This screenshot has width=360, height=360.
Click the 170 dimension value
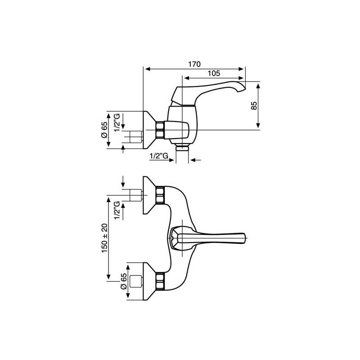[194, 64]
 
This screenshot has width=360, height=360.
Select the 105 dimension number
[214, 73]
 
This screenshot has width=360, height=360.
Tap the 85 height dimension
[254, 106]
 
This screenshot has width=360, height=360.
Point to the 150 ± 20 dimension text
[105, 238]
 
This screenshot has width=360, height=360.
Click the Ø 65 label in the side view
[104, 130]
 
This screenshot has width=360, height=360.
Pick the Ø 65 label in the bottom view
[124, 281]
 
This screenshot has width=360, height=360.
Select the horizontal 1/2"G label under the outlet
[159, 156]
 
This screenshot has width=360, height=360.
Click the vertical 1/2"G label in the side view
[117, 122]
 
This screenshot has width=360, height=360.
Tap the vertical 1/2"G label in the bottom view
[117, 210]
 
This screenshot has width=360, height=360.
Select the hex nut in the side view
[160, 130]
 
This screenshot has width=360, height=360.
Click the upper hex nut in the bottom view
[160, 195]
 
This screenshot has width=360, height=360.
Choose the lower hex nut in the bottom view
[160, 281]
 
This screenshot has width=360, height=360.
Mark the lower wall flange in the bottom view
[149, 281]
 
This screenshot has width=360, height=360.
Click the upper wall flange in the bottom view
[149, 195]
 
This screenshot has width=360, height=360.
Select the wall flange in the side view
[149, 130]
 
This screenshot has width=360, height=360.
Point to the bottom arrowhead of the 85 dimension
[258, 125]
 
